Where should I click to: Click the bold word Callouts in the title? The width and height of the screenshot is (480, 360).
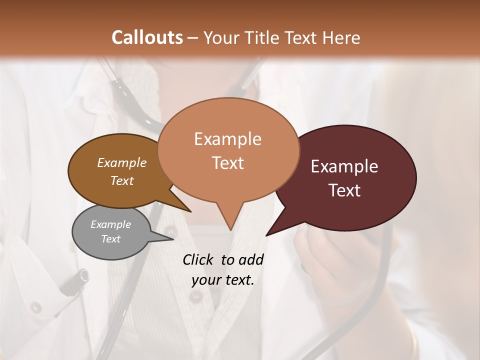point(147,37)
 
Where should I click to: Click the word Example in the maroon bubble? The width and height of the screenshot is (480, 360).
point(344,166)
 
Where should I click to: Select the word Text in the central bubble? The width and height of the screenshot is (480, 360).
point(228,163)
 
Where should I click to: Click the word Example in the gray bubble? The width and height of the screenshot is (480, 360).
point(110,224)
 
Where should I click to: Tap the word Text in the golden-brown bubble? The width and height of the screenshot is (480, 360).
point(122,181)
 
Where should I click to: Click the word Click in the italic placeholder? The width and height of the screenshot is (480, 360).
point(198,259)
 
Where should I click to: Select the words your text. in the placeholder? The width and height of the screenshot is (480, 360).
point(222,280)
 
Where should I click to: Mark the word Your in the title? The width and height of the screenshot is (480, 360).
point(220,37)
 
